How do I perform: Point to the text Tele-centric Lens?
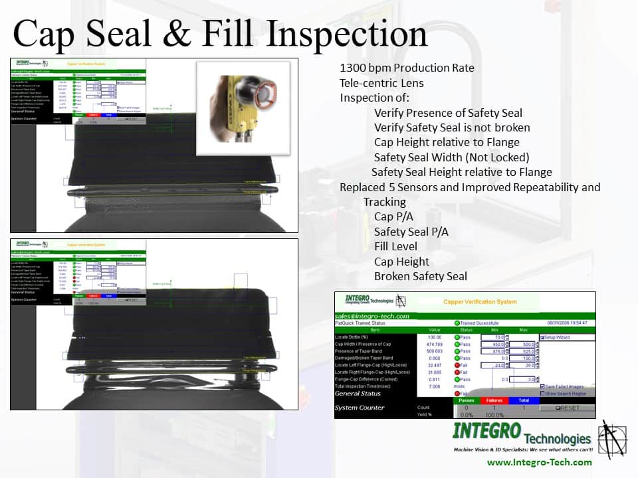tap(381, 83)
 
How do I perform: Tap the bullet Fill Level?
tap(395, 246)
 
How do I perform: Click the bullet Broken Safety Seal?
tap(420, 276)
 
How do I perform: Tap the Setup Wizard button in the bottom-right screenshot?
tap(558, 337)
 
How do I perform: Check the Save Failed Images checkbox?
tap(543, 386)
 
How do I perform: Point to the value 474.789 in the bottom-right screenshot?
tap(435, 345)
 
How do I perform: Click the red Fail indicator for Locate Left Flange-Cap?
tap(457, 365)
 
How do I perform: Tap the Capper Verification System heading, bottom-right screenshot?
tap(480, 302)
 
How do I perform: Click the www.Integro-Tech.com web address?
tap(539, 462)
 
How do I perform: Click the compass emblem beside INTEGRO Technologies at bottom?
tap(612, 439)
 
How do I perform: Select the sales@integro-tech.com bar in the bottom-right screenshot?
tap(372, 316)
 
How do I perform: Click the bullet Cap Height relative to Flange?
tap(447, 142)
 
